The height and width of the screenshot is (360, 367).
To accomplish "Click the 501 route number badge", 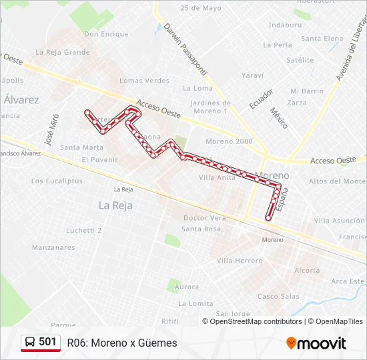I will coord(47,342).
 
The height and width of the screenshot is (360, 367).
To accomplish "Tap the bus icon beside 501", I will coord(30,343).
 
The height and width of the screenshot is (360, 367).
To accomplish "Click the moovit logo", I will coord(316,343).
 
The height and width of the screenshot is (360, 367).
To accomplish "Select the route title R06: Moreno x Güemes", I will coord(122,343).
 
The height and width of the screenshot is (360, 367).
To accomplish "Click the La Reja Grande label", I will coord(67,52).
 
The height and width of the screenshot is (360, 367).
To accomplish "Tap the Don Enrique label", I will coord(106,34).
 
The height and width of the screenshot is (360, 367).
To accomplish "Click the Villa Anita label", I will coord(218,177).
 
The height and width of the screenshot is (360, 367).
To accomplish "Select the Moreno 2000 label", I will coord(229,141).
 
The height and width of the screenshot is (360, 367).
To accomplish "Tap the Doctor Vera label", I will coord(205,218).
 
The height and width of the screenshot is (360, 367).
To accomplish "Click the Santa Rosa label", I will coord(201,229).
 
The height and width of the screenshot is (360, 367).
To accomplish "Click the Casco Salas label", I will coord(278,296).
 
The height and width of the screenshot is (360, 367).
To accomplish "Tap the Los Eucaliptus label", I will coord(56,181).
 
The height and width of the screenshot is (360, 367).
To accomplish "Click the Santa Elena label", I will coord(322,39).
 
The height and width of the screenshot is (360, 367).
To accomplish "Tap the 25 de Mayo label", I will coord(200,8).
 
